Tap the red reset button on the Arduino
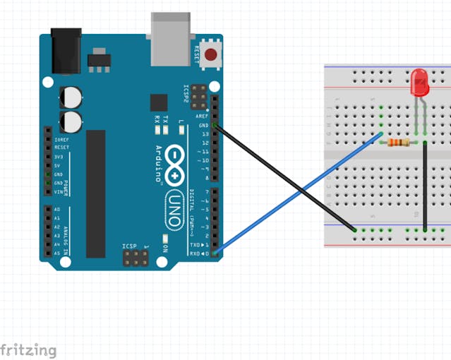pyautogui.click(x=210, y=54)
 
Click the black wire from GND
pyautogui.click(x=282, y=176)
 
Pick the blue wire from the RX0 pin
pyautogui.click(x=296, y=193)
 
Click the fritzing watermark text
pyautogui.click(x=28, y=349)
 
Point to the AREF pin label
pyautogui.click(x=203, y=116)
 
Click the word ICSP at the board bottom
pyautogui.click(x=128, y=246)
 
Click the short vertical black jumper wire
pyautogui.click(x=425, y=185)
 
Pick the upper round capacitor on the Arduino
pyautogui.click(x=70, y=97)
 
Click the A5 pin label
pyautogui.click(x=56, y=252)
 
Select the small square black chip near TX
pyautogui.click(x=159, y=102)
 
